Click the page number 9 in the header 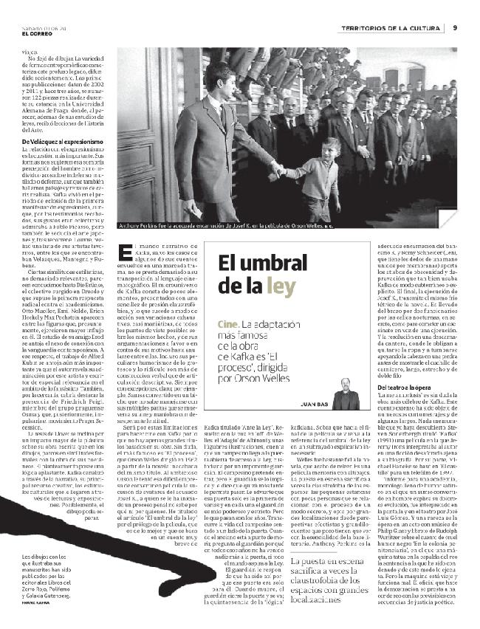coord(455,28)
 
